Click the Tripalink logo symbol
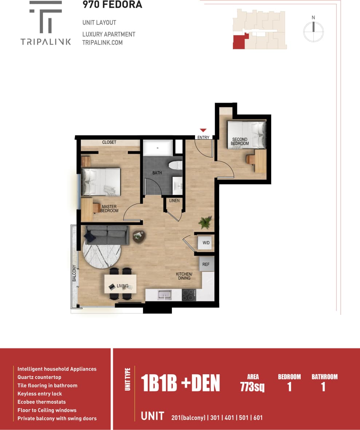click(46, 17)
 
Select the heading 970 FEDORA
click(112, 5)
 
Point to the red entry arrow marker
click(203, 130)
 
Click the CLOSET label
click(109, 142)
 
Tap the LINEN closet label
click(174, 201)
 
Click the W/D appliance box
click(206, 243)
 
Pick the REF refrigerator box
click(206, 264)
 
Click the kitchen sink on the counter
click(165, 295)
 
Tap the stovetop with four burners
click(189, 295)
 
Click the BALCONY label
click(74, 273)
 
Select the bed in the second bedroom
click(246, 135)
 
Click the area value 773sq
click(252, 387)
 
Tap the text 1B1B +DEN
click(181, 383)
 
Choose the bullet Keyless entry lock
click(40, 394)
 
